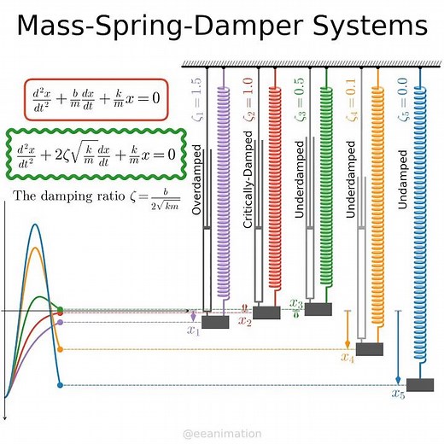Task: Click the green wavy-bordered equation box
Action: (x=96, y=154)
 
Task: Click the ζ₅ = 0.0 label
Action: (x=404, y=100)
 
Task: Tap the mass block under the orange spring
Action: (x=370, y=348)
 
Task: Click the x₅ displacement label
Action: (x=399, y=394)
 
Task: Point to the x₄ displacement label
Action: (x=347, y=357)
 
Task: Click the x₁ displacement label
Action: (x=193, y=331)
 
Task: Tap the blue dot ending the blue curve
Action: (x=60, y=386)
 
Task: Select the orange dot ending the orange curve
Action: (x=60, y=349)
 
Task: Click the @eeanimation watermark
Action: (x=222, y=434)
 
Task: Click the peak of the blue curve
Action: (x=34, y=225)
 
